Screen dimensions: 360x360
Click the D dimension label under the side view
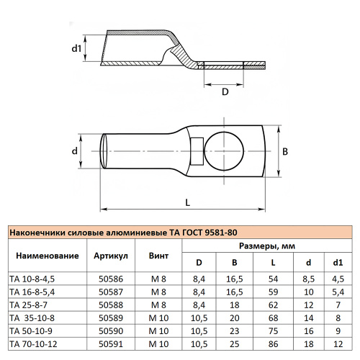[225, 91]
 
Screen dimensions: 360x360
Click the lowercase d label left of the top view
[75, 152]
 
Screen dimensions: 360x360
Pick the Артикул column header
[112, 256]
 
